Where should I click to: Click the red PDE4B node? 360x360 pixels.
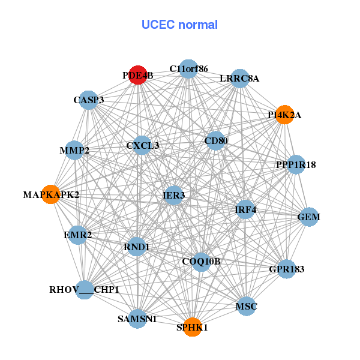tap(139, 76)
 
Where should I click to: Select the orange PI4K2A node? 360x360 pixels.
tap(284, 115)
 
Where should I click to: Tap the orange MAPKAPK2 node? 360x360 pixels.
tap(51, 194)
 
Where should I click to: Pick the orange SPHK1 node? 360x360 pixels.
tap(192, 327)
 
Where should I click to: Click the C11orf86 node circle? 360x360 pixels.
tap(188, 69)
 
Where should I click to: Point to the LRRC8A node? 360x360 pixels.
tap(239, 79)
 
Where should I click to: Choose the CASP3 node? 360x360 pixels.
tap(89, 100)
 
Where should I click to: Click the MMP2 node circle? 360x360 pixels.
tap(74, 150)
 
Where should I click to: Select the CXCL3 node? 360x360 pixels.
tap(142, 145)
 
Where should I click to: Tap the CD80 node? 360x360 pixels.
tap(215, 142)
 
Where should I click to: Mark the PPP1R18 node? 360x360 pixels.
tap(295, 164)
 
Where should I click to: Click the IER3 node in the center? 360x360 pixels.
tap(173, 195)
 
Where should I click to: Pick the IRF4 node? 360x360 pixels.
tap(245, 209)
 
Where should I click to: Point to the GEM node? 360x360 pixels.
tap(308, 217)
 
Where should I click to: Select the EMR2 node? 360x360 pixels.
tap(77, 235)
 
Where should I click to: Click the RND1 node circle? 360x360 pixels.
tap(137, 247)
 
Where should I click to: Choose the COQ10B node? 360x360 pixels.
tap(201, 261)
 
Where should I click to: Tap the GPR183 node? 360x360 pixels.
tap(286, 269)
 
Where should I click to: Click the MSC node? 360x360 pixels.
tap(246, 307)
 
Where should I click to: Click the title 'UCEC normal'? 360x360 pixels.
tap(179, 25)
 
